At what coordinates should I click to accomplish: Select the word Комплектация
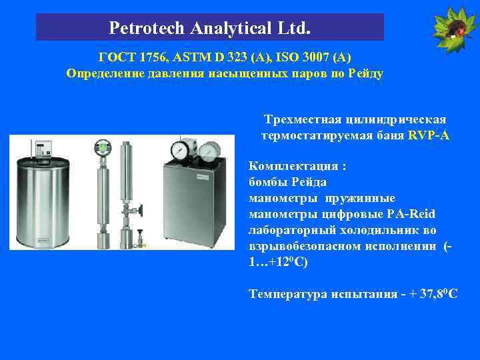[287, 165]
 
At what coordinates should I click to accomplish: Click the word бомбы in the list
[267, 181]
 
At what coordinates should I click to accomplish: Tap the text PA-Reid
[411, 214]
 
